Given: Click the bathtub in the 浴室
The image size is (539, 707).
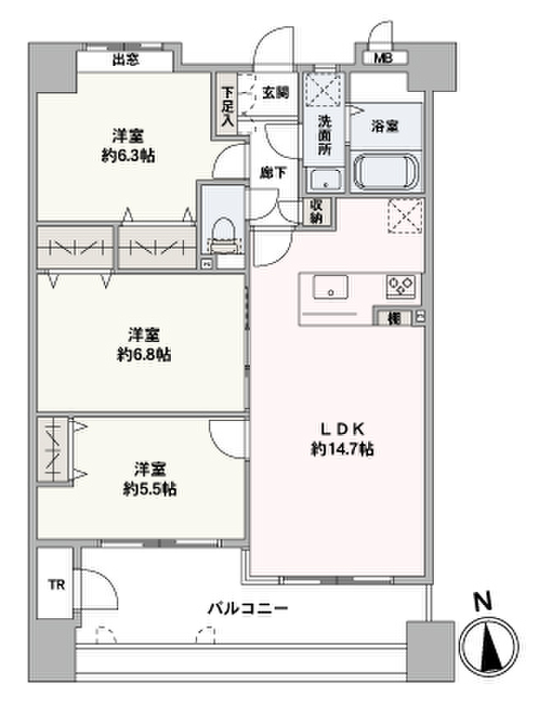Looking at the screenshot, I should pyautogui.click(x=386, y=171).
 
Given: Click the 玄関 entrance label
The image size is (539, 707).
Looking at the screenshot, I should pyautogui.click(x=274, y=92).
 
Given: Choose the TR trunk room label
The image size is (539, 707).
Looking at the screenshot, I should pyautogui.click(x=56, y=584).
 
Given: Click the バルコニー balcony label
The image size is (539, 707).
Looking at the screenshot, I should pyautogui.click(x=248, y=609).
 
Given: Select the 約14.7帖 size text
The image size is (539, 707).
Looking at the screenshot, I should pyautogui.click(x=342, y=450).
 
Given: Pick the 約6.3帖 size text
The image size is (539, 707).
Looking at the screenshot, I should pyautogui.click(x=128, y=156).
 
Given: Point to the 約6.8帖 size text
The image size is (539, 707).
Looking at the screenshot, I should pyautogui.click(x=144, y=354).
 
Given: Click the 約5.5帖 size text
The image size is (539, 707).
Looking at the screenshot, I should pyautogui.click(x=150, y=489).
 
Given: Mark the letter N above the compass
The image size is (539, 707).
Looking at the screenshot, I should pyautogui.click(x=484, y=601).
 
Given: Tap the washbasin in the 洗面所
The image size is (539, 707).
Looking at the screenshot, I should pyautogui.click(x=324, y=180).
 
